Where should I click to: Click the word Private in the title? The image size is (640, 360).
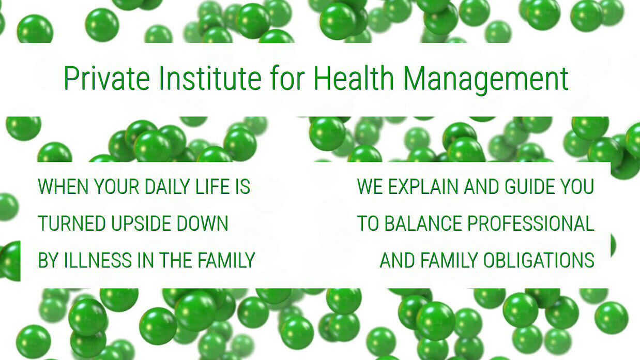tap(106, 78)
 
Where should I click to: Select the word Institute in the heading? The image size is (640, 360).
tap(210, 78)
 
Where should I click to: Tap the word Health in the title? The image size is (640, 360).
tap(354, 78)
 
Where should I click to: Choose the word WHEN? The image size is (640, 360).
tap(63, 186)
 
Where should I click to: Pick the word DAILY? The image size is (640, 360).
tap(167, 186)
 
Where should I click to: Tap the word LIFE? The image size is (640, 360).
tap(212, 186)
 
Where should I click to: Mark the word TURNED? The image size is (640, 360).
tap(71, 223)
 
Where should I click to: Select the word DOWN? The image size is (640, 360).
tap(202, 223)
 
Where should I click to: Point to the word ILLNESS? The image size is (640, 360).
tap(97, 260)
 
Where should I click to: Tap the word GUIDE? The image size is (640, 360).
tap(530, 186)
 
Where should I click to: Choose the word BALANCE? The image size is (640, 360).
tap(423, 223)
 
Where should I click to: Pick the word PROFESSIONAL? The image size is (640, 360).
tap(531, 223)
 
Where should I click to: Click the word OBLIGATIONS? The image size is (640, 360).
tap(539, 260)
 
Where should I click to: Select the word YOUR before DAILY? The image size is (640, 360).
tap(116, 186)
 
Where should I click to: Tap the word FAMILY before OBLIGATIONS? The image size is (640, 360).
tap(449, 260)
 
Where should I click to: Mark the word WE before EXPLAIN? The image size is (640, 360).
tap(370, 186)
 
